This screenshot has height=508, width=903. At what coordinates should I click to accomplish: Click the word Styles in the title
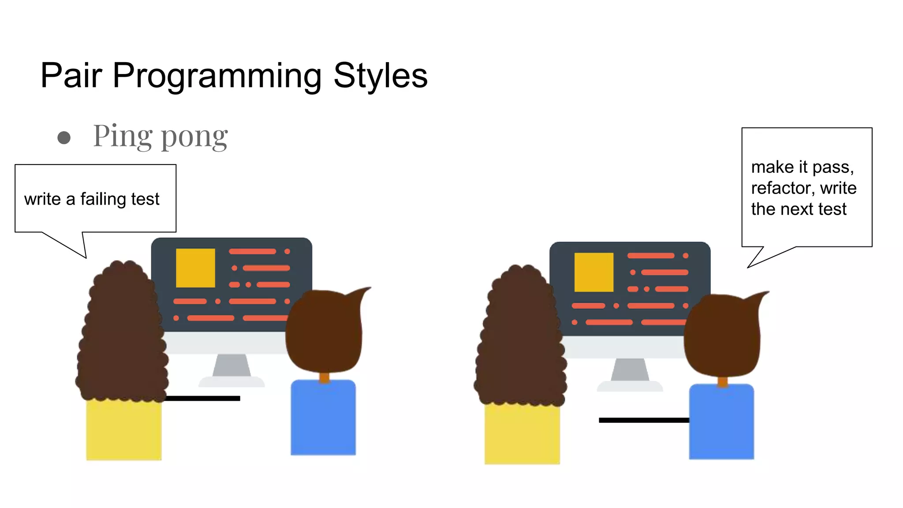[x=380, y=76]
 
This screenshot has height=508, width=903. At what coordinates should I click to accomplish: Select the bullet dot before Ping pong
[x=64, y=138]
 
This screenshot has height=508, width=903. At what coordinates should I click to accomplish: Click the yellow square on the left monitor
[x=195, y=268]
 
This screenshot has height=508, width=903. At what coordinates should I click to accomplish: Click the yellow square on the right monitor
[x=593, y=272]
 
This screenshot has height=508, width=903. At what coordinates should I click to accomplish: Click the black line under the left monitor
[x=203, y=398]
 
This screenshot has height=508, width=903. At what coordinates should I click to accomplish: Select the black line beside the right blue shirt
[x=644, y=420]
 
